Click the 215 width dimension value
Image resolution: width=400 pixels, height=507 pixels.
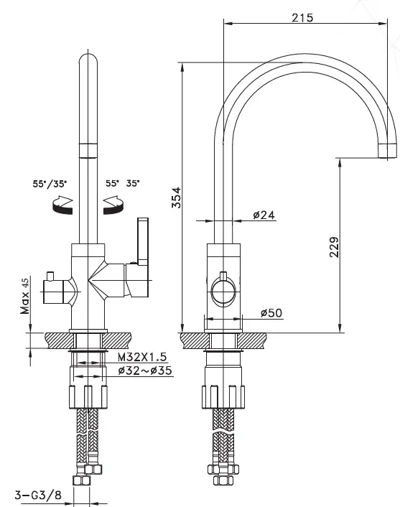point(302,18)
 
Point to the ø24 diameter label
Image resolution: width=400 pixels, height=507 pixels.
point(264,215)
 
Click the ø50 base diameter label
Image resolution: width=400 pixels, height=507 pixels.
point(270,312)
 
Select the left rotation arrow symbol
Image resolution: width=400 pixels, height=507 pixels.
point(60,206)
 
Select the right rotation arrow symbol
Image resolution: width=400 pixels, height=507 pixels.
point(114,206)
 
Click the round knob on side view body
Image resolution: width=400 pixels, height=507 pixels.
point(223,293)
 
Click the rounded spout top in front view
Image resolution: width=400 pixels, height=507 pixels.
point(89,61)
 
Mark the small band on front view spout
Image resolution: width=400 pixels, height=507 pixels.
point(89,149)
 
